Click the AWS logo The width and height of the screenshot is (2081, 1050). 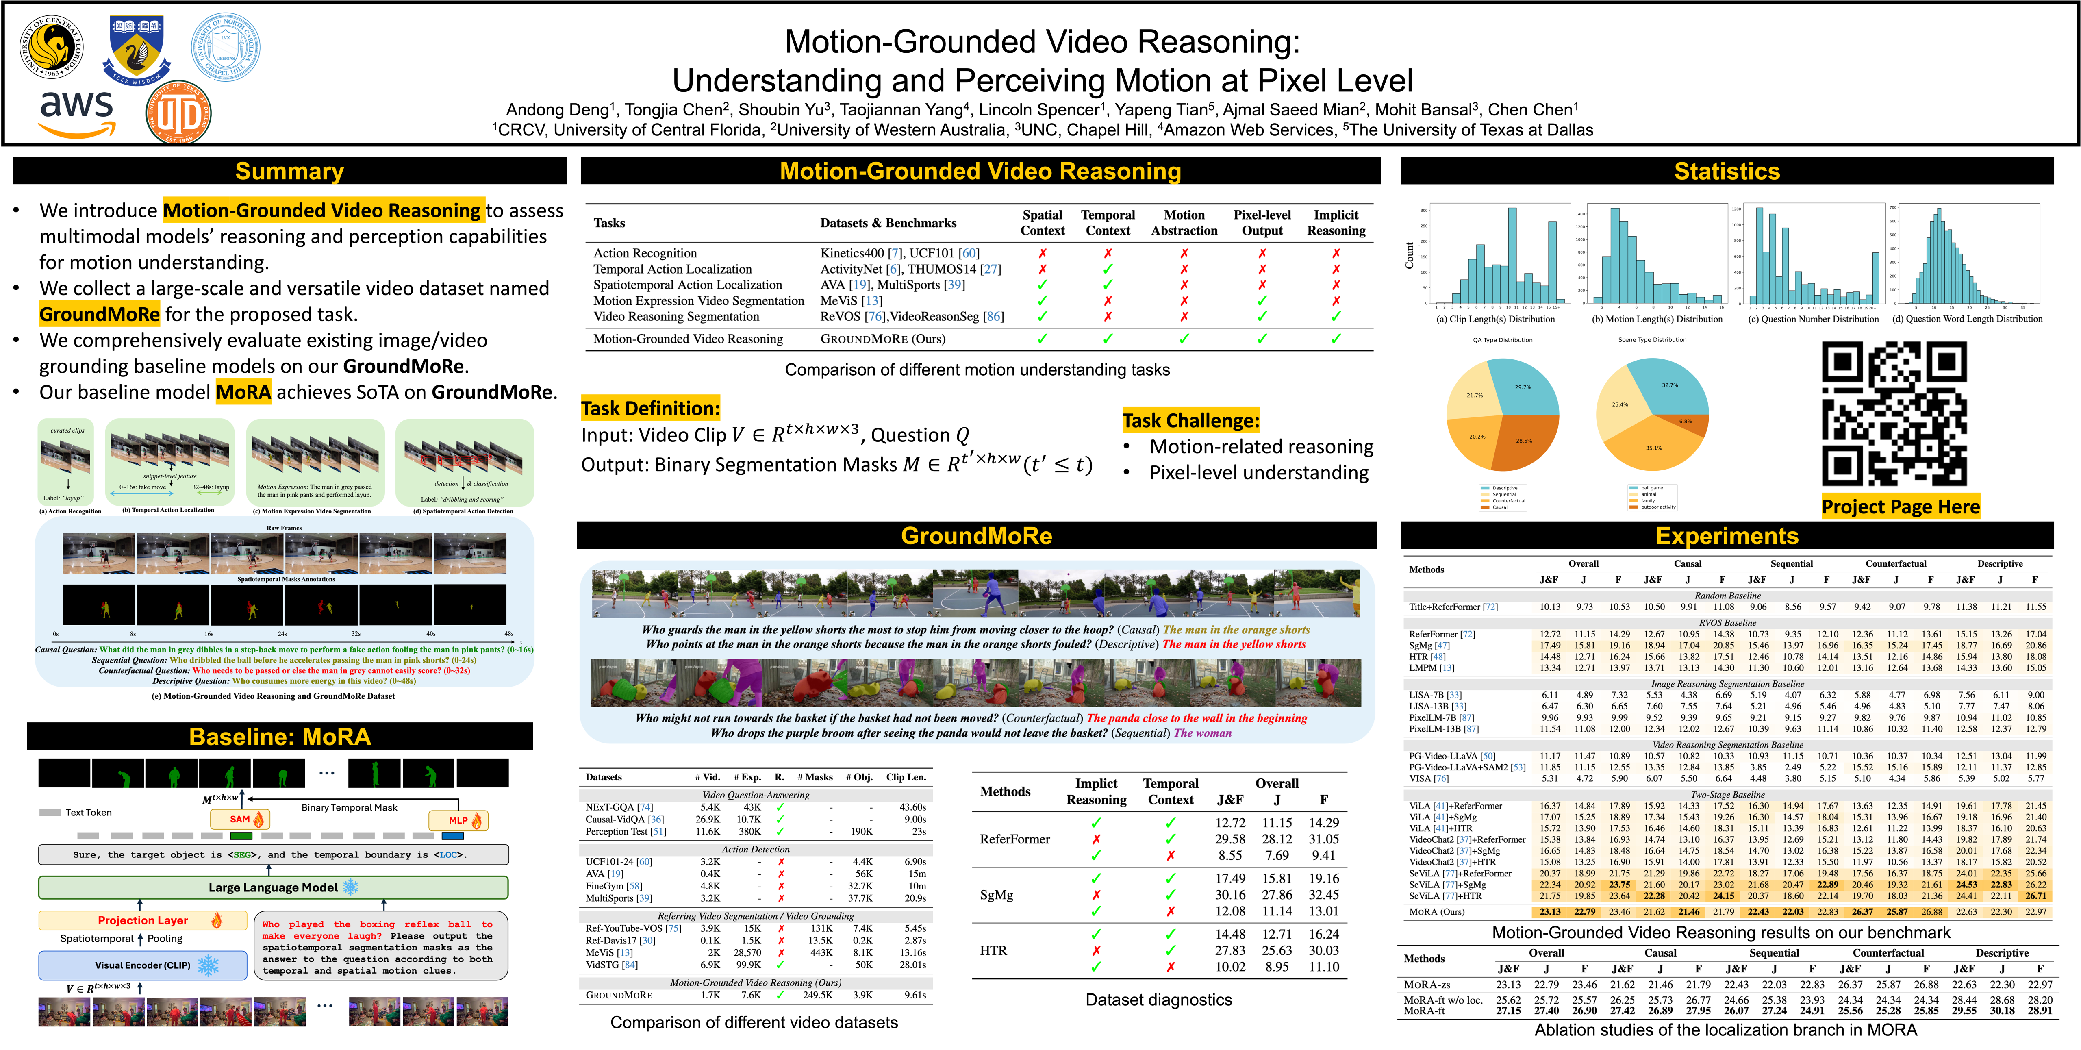(77, 115)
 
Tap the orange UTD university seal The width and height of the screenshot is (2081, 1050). (178, 115)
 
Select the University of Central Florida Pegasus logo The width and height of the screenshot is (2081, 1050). (52, 47)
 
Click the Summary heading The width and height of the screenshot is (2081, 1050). (289, 171)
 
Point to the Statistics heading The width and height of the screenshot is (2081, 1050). (1726, 171)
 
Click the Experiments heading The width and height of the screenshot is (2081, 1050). (1726, 536)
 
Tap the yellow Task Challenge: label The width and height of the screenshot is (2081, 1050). (1191, 421)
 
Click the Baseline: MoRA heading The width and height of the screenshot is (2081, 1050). (280, 737)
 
